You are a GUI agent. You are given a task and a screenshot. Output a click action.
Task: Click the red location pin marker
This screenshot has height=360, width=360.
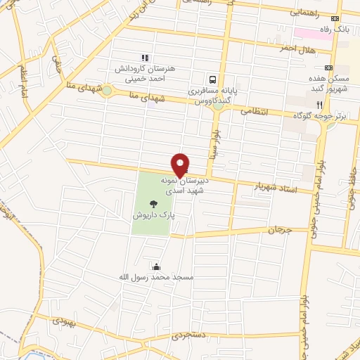pyautogui.click(x=181, y=165)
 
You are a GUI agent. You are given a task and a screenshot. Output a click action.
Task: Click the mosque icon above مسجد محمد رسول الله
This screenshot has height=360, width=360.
pyautogui.click(x=155, y=266)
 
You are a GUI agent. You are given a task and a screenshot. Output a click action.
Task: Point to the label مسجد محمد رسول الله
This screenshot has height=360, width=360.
pyautogui.click(x=155, y=278)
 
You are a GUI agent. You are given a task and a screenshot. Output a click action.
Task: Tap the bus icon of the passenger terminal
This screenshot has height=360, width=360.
pyautogui.click(x=212, y=79)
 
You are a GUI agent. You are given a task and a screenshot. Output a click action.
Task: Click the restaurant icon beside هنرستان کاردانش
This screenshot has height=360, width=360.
pyautogui.click(x=145, y=58)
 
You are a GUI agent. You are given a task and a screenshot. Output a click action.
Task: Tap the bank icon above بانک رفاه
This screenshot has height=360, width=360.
pyautogui.click(x=335, y=18)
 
